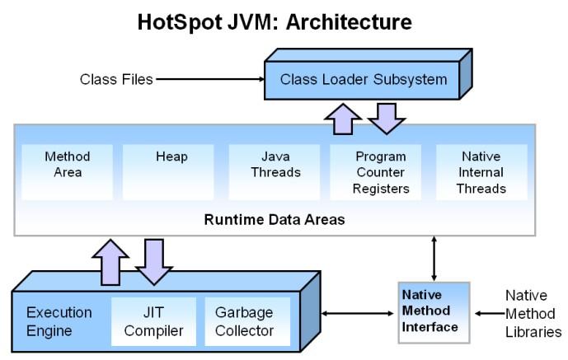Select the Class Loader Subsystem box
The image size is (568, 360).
[x=364, y=80]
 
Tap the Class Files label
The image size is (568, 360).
[x=115, y=80]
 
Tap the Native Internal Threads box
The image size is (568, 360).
[x=482, y=172]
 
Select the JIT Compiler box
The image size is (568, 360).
[x=153, y=321]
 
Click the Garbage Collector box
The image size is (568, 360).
[x=246, y=321]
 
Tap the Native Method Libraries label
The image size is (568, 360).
[x=533, y=313]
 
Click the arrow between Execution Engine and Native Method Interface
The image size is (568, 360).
[x=356, y=313]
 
